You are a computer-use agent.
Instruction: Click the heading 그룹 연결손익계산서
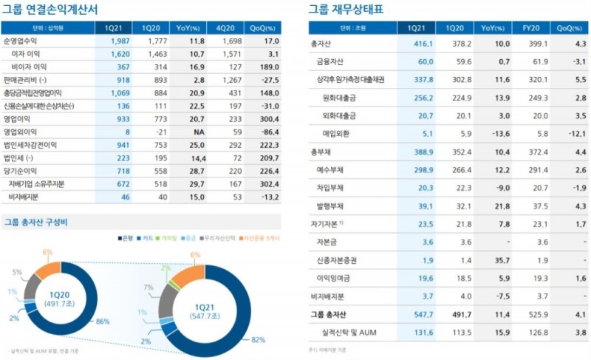tap(51, 10)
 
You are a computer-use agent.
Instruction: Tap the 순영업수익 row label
tap(23, 41)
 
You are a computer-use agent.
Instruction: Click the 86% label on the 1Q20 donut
tap(103, 322)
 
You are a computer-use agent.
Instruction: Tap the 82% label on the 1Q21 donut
tap(259, 339)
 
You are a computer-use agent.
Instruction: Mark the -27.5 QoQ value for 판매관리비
tap(267, 80)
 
